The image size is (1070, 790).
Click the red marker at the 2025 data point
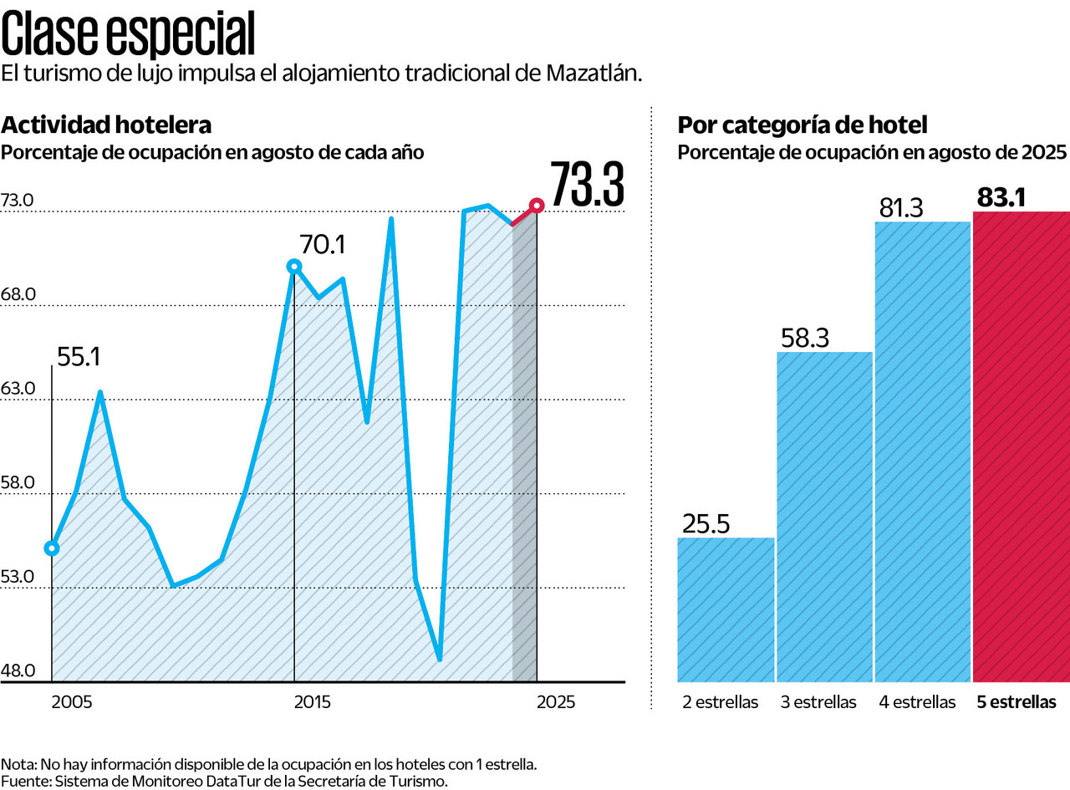point(537,205)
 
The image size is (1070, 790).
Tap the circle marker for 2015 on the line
point(294,266)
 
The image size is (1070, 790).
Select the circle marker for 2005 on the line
point(52,548)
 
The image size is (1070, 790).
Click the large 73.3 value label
point(587,185)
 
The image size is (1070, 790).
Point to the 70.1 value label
point(323,245)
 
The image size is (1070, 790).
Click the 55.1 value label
point(79,358)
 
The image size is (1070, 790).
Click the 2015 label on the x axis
point(312,702)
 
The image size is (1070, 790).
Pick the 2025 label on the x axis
point(555,702)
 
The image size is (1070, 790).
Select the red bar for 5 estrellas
point(1022,446)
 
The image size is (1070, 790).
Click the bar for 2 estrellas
point(726,609)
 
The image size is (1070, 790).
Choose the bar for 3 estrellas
point(824,517)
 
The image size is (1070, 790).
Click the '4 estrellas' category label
point(917,702)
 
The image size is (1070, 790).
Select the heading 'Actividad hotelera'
point(106,125)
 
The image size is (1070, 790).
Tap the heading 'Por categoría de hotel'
point(802,125)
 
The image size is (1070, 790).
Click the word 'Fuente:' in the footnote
point(26,781)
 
